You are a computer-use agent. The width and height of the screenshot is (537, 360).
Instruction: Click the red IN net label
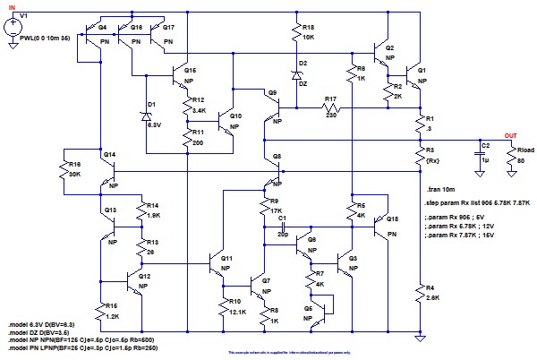pyautogui.click(x=11, y=7)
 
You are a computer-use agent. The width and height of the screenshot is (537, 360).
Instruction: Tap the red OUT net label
pyautogui.click(x=511, y=135)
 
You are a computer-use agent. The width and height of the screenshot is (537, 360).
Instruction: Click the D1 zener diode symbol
pyautogui.click(x=146, y=116)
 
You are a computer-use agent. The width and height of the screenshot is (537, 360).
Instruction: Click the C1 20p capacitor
pyautogui.click(x=281, y=226)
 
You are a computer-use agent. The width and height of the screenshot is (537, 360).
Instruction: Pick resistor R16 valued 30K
pyautogui.click(x=65, y=170)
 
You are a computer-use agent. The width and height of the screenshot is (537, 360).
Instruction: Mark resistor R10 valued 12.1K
pyautogui.click(x=224, y=305)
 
